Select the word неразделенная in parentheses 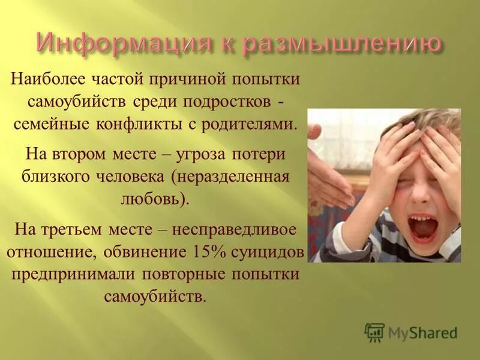pyautogui.click(x=234, y=176)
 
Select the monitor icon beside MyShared pyautogui.click(x=374, y=332)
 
